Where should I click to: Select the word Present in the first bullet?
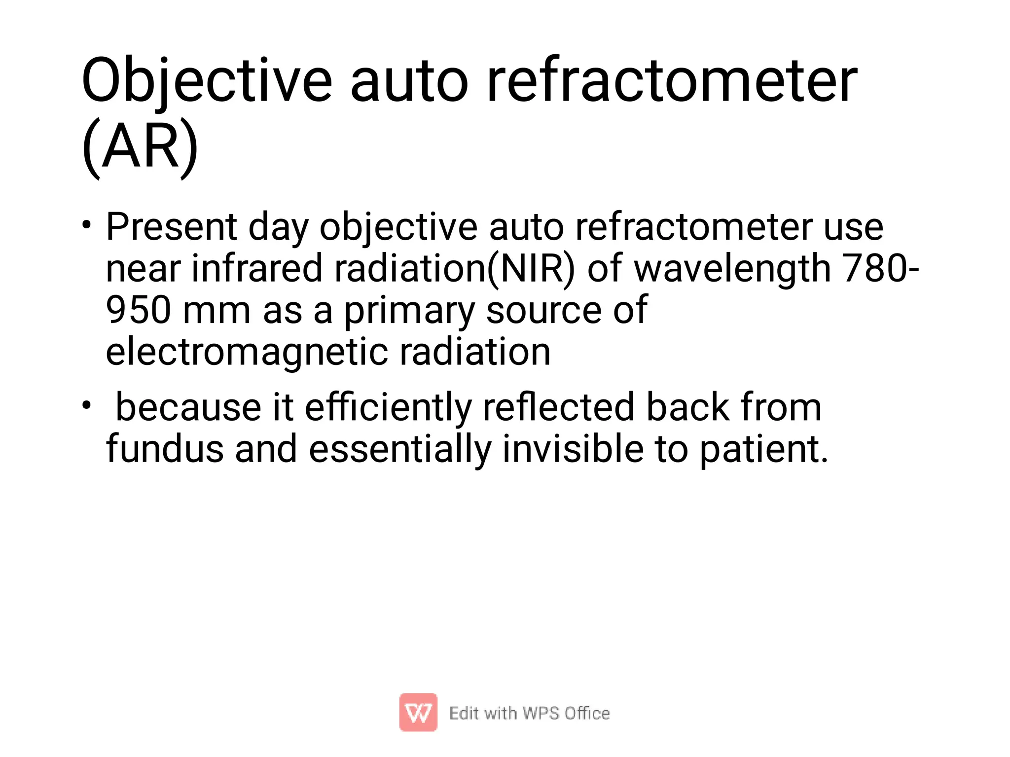[x=171, y=228]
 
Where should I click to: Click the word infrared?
[x=256, y=269]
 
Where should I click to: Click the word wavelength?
[x=732, y=269]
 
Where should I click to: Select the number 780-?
[x=881, y=269]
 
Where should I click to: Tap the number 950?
[x=138, y=311]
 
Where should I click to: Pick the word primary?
[x=408, y=311]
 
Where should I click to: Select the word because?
[x=188, y=408]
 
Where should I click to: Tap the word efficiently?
[x=388, y=408]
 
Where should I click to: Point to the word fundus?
[x=165, y=449]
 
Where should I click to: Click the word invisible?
[x=573, y=449]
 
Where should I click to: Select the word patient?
[x=763, y=449]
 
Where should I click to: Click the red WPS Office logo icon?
[x=418, y=712]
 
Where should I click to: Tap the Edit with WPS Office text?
[x=529, y=713]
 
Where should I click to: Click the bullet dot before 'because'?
[x=87, y=405]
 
